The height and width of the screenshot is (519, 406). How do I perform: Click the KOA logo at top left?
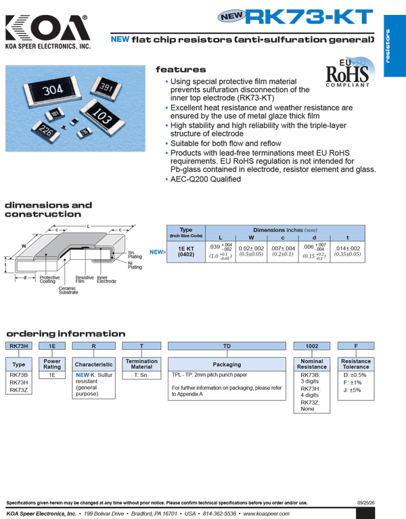(47, 32)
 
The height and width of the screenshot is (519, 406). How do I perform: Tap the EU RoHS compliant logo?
(350, 72)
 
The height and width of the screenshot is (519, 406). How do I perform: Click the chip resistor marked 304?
(52, 90)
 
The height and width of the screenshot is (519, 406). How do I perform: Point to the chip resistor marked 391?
(106, 87)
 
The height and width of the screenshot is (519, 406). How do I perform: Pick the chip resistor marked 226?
(45, 131)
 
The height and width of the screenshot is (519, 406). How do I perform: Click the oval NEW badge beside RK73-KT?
(231, 16)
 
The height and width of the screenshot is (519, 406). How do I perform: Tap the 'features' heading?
(181, 70)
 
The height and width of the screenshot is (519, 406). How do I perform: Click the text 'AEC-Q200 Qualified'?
(206, 179)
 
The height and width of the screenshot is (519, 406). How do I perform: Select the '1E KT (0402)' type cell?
(186, 252)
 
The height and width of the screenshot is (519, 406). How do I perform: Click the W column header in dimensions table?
(251, 238)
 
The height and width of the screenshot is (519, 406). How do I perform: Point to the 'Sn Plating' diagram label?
(135, 254)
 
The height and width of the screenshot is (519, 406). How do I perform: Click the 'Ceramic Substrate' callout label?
(68, 290)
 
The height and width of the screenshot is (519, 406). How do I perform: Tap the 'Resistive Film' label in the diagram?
(85, 279)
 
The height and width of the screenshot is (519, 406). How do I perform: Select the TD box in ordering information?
(227, 346)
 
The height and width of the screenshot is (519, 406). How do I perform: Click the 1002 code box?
(312, 346)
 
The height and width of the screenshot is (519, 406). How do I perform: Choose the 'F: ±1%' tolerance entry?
(353, 382)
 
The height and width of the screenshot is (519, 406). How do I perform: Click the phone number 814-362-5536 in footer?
(219, 514)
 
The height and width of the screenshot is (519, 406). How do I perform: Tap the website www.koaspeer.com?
(267, 514)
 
